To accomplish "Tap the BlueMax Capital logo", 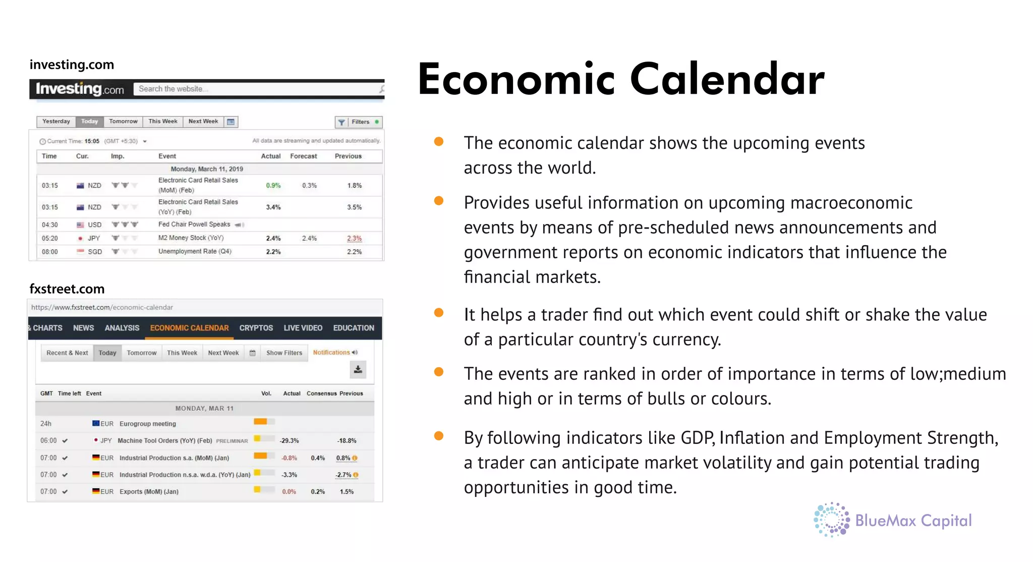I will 892,520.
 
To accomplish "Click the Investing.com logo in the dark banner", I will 80,89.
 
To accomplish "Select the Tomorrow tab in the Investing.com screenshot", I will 123,122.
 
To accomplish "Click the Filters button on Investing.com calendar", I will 359,122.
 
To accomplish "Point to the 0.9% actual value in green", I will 273,186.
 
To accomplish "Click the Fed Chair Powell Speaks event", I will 194,224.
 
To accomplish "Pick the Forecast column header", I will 303,156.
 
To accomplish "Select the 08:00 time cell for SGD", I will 49,252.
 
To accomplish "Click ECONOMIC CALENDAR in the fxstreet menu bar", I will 189,328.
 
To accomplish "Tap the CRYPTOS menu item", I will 256,328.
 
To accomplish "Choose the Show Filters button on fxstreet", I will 284,353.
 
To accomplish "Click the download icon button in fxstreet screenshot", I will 358,369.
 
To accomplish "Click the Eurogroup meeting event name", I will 147,424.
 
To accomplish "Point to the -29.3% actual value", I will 289,441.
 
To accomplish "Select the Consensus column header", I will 321,394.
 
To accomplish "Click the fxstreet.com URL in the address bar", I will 102,307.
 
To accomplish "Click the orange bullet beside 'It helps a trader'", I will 439,313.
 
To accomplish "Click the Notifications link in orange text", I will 331,353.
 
